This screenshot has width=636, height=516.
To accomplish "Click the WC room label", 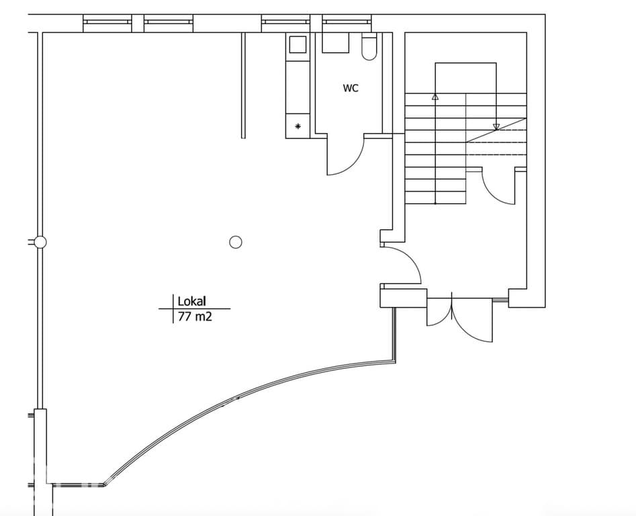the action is coord(351,88).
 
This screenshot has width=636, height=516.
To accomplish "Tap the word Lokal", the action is coord(192,301).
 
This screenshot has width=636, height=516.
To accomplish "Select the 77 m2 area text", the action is coord(195,316).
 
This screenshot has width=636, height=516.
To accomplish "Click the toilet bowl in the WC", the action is coord(369,48).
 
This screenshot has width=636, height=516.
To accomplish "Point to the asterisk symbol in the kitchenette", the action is coord(298,126).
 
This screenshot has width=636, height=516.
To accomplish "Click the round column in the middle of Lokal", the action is coord(236,242).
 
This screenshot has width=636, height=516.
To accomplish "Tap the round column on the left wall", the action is coord(40,242).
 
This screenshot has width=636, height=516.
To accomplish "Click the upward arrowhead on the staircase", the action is coord(435,97).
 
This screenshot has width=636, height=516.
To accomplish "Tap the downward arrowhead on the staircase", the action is coord(496,127).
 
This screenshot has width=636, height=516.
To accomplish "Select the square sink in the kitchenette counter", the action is coord(298,44).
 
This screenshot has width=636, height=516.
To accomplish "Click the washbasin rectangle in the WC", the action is coord(335,42).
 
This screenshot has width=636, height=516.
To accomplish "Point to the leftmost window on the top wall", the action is coord(107,23).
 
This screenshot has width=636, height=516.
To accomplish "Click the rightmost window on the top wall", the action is coord(347,23).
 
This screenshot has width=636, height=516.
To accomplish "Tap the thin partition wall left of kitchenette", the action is coord(243,85).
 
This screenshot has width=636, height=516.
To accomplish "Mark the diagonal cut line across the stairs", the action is coord(496,130).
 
